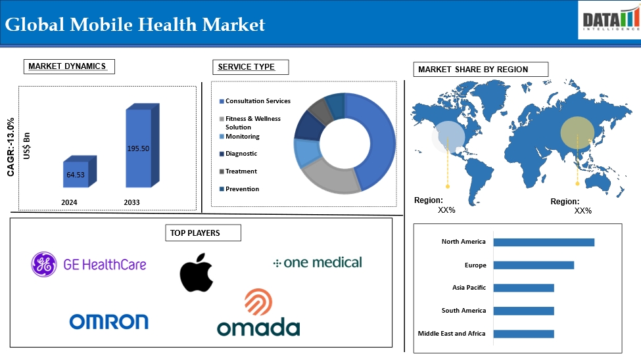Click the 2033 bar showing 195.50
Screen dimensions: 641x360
coord(142,145)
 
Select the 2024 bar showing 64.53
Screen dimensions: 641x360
coord(80,171)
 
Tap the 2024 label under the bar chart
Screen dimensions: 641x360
coord(69,202)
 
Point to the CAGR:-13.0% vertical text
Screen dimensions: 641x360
coord(11,147)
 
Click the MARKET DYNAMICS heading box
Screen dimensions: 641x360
coord(69,66)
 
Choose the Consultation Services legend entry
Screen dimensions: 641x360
coord(254,101)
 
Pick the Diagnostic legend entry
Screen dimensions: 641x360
coord(239,154)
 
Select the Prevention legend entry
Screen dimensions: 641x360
coord(239,189)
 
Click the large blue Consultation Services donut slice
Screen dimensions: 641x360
coord(378,139)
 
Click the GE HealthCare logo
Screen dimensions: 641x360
coord(88,264)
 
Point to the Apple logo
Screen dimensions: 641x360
coord(197,273)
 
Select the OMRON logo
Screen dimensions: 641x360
coord(108,322)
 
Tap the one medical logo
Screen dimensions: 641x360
coord(318,262)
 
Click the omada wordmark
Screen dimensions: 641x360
coord(258,328)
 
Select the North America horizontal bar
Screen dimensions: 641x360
coord(544,242)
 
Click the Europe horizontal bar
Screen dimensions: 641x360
coord(533,265)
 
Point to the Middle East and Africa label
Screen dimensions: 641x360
coord(452,334)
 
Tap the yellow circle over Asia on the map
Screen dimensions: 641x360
coord(577,133)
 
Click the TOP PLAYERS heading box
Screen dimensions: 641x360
coord(203,233)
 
